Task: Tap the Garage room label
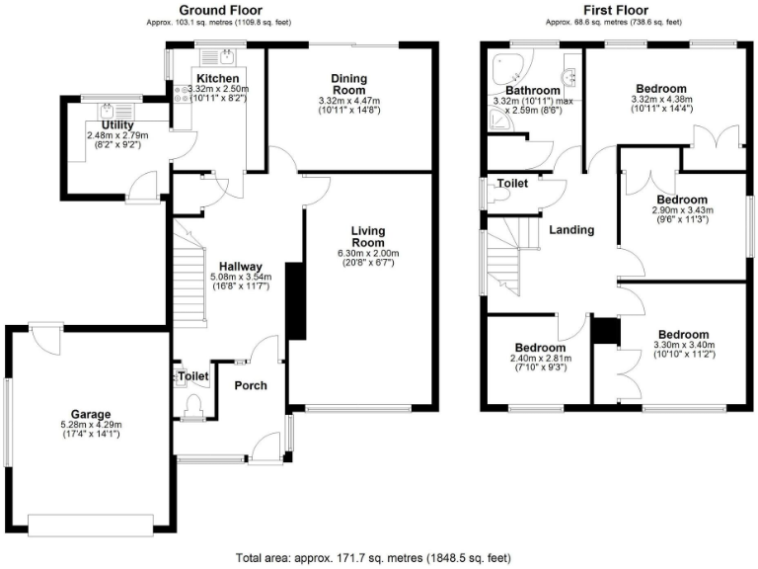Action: click(x=90, y=414)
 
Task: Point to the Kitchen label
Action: click(x=217, y=78)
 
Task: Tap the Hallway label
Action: click(x=240, y=267)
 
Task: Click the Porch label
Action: click(x=250, y=385)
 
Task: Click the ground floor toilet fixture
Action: click(x=192, y=403)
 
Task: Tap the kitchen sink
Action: click(x=227, y=56)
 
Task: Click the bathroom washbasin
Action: click(x=569, y=74)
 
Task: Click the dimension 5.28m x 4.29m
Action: click(x=90, y=427)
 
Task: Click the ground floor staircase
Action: click(x=189, y=277)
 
